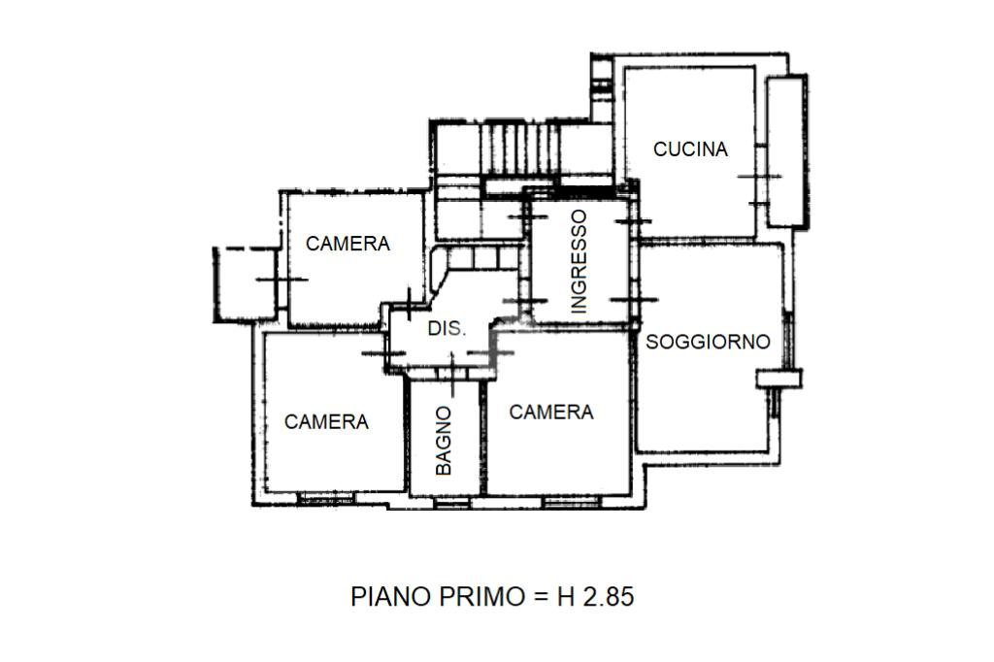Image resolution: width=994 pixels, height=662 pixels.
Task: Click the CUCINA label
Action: coord(690,149)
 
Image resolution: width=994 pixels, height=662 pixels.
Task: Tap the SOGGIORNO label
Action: coord(708,342)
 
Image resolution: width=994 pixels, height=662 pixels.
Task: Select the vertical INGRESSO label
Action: coord(579,262)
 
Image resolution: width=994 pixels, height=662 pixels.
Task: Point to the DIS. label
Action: coord(447,328)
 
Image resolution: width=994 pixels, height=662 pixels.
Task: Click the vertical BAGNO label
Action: coord(444,441)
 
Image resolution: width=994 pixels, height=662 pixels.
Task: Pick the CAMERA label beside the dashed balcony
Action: coord(348,244)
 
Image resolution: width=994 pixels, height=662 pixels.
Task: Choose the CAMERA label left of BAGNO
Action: coord(326,421)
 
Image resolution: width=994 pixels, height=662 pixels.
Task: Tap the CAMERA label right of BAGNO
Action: coord(551,413)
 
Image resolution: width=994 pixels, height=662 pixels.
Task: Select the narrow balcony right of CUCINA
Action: coord(786,150)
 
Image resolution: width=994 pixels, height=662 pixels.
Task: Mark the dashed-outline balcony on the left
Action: coord(246,283)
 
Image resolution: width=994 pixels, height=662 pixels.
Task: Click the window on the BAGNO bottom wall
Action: coord(452,503)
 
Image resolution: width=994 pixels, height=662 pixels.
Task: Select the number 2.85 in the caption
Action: coord(608,597)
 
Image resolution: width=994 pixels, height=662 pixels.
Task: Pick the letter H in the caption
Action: coord(566,597)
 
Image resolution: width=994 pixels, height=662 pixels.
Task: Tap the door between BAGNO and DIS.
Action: coord(452,372)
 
